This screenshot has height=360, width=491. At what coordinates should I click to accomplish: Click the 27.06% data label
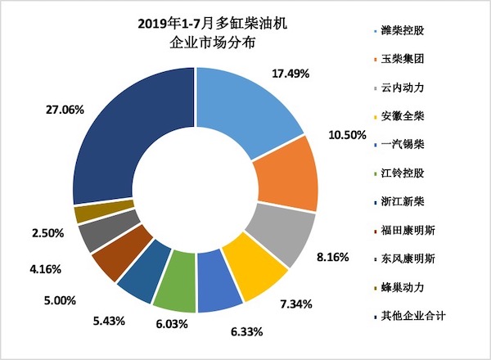tap(63, 109)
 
